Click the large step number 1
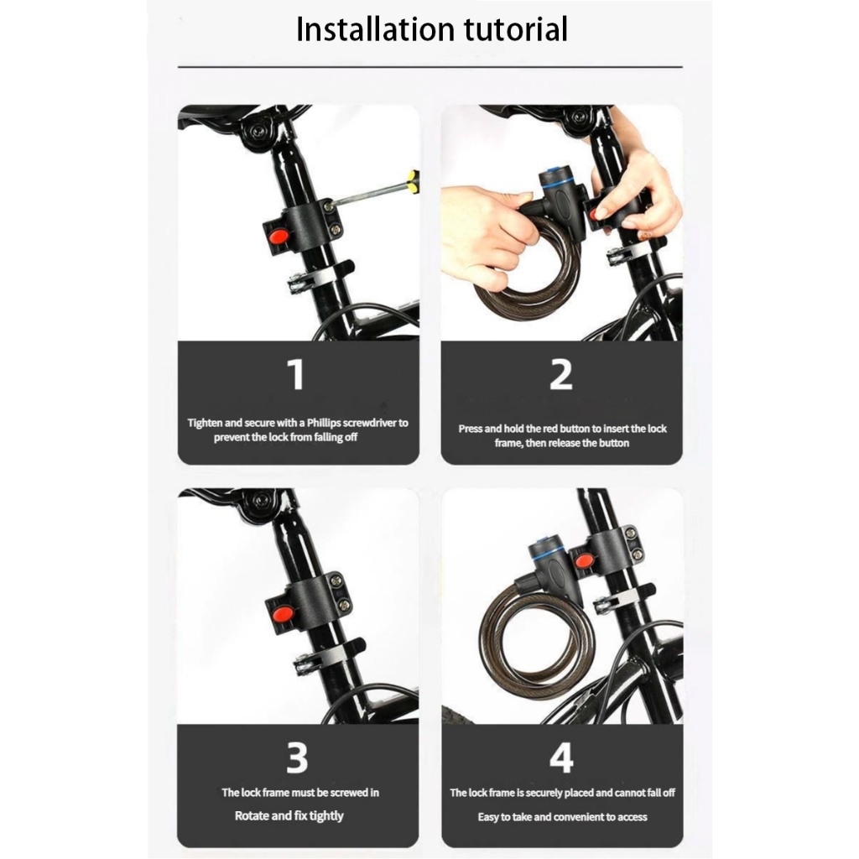click(x=296, y=375)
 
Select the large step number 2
click(x=561, y=375)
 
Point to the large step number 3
click(x=297, y=758)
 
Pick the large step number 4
click(x=561, y=758)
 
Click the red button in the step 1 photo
click(x=277, y=237)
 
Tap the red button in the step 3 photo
click(x=282, y=612)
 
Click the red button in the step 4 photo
click(x=584, y=561)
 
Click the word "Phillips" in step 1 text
click(x=324, y=423)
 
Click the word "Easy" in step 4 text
click(x=487, y=817)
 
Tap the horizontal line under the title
click(x=430, y=67)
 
